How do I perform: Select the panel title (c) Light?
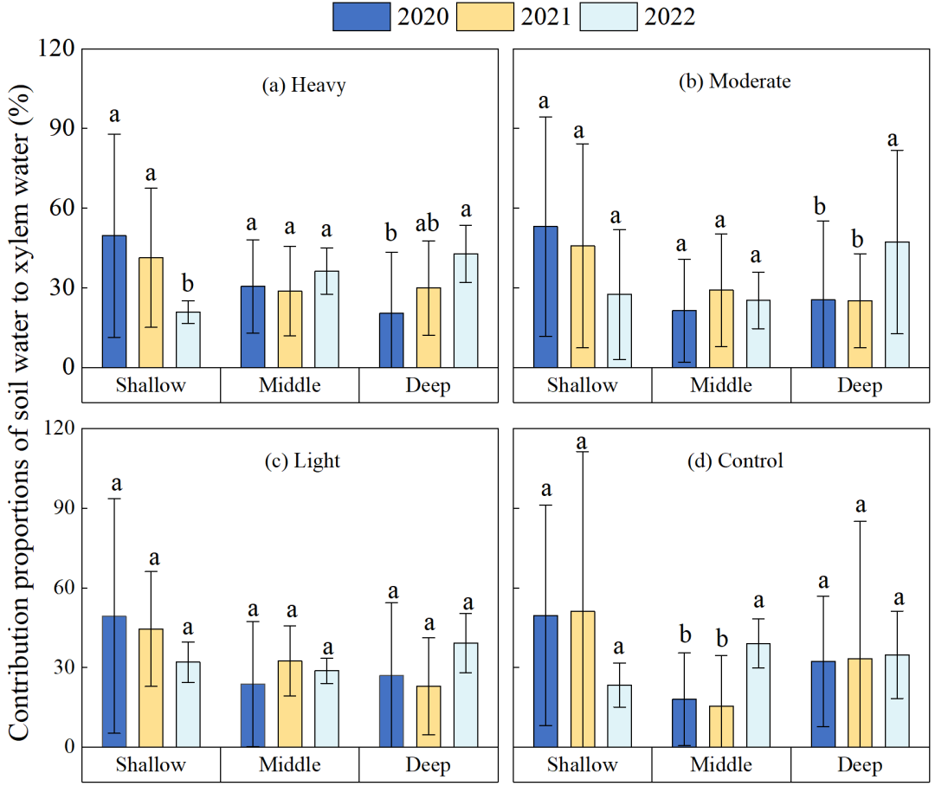(x=302, y=461)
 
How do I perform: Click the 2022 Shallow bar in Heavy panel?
(x=188, y=339)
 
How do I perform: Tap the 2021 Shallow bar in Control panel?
(x=583, y=679)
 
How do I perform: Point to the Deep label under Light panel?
(x=428, y=765)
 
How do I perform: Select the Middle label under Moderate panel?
(x=721, y=386)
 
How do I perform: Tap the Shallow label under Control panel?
(x=583, y=765)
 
